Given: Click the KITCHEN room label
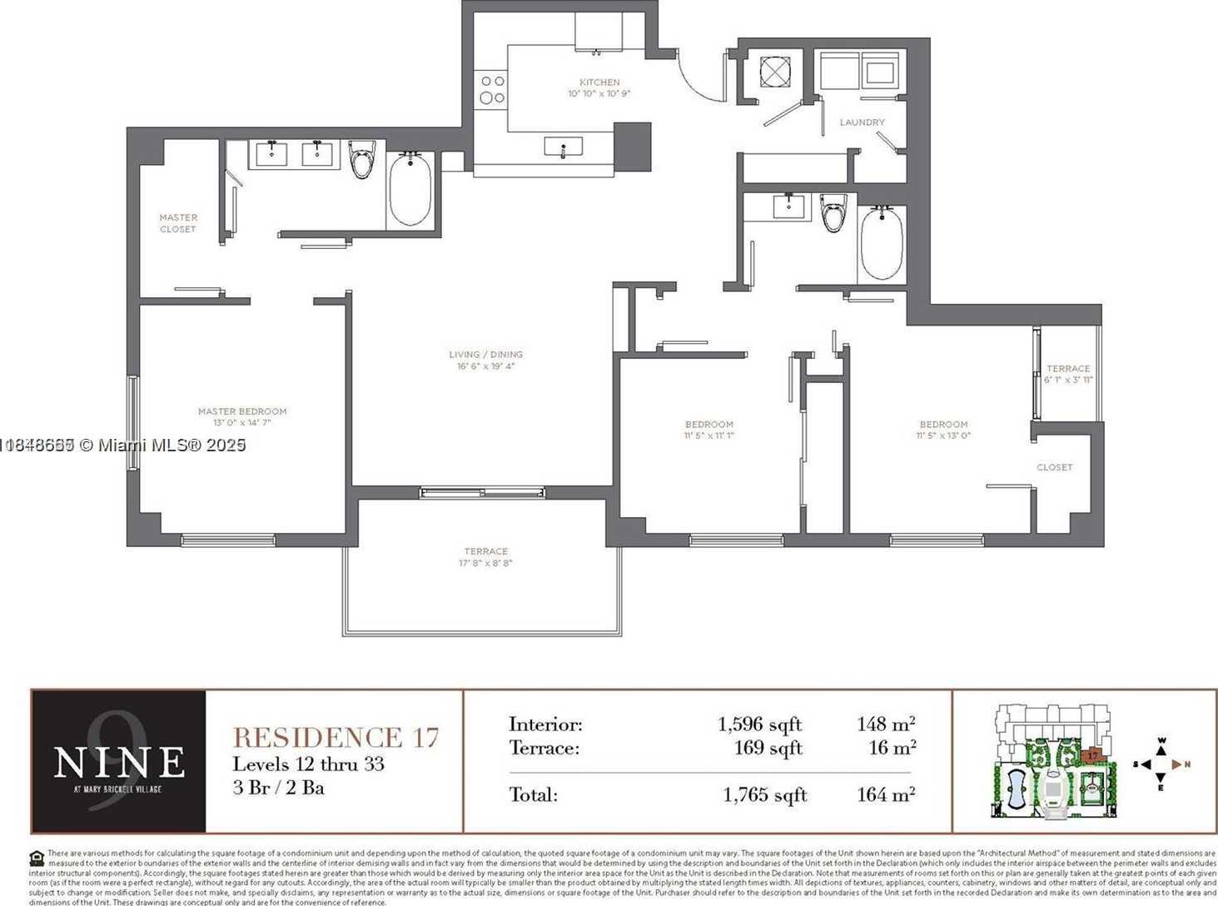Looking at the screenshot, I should [599, 82].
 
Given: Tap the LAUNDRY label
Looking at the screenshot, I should [862, 122].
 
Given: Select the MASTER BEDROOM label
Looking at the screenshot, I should [242, 411].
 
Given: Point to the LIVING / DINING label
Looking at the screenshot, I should [485, 355].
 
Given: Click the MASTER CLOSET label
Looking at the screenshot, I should [178, 223].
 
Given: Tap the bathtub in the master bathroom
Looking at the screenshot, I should [410, 189].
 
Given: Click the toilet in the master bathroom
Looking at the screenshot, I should [362, 160].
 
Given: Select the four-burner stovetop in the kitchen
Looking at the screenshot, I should [492, 89].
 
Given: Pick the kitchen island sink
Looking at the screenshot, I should [564, 148].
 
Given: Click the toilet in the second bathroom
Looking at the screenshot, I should [833, 212].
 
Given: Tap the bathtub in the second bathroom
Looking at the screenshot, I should [881, 242].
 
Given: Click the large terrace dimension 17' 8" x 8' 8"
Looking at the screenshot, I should [485, 563].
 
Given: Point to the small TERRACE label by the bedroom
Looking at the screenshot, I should [1068, 368].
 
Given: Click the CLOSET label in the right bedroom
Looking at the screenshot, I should [1054, 467].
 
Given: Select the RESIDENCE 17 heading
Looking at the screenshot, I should [336, 738].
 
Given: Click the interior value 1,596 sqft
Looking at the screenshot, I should [759, 724].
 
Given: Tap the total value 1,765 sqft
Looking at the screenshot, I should [764, 795].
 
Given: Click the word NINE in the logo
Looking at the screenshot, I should [119, 761].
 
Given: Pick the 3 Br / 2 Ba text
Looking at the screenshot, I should [278, 788].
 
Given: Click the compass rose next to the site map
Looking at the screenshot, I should [1161, 764].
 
